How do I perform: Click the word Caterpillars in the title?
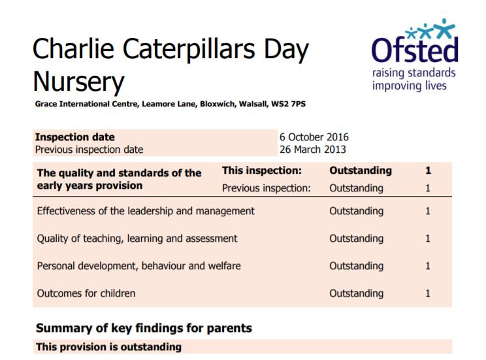click(189, 50)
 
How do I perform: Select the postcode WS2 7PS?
click(288, 104)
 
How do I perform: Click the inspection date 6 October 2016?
click(314, 137)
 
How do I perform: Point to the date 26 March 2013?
click(313, 150)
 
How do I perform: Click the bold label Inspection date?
click(74, 137)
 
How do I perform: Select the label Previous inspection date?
click(89, 150)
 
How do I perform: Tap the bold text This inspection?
click(261, 171)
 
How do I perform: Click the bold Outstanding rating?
click(361, 171)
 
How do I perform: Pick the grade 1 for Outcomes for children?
click(428, 293)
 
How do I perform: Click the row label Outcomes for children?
click(86, 293)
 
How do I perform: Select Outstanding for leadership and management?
click(356, 212)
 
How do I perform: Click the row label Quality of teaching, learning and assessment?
click(137, 238)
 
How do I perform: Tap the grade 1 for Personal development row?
click(428, 266)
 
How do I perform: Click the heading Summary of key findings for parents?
click(144, 328)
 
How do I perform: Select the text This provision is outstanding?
click(109, 347)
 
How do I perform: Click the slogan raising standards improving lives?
click(413, 79)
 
